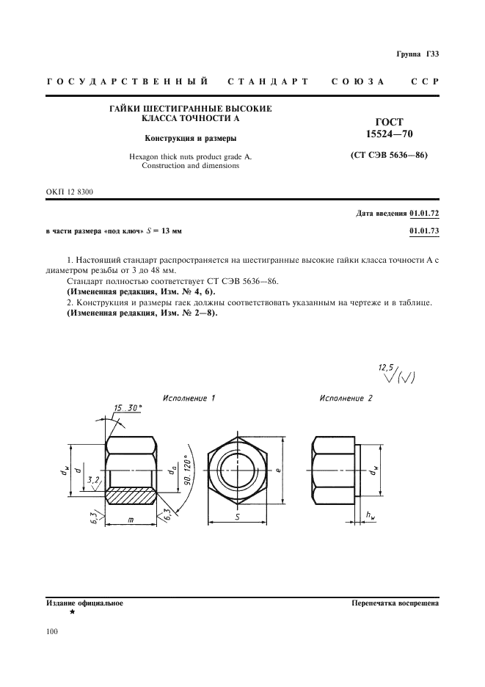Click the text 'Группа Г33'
point(417,54)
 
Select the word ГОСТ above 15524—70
point(384,122)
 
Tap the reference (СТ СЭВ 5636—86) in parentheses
point(384,156)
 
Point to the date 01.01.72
point(423,214)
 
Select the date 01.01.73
point(423,230)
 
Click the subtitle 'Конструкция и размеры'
point(190,137)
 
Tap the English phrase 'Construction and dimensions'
point(190,166)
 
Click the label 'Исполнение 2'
point(346,398)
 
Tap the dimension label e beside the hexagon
point(280,467)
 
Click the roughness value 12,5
point(386,366)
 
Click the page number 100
point(52,630)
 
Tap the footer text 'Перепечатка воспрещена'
point(395,603)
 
